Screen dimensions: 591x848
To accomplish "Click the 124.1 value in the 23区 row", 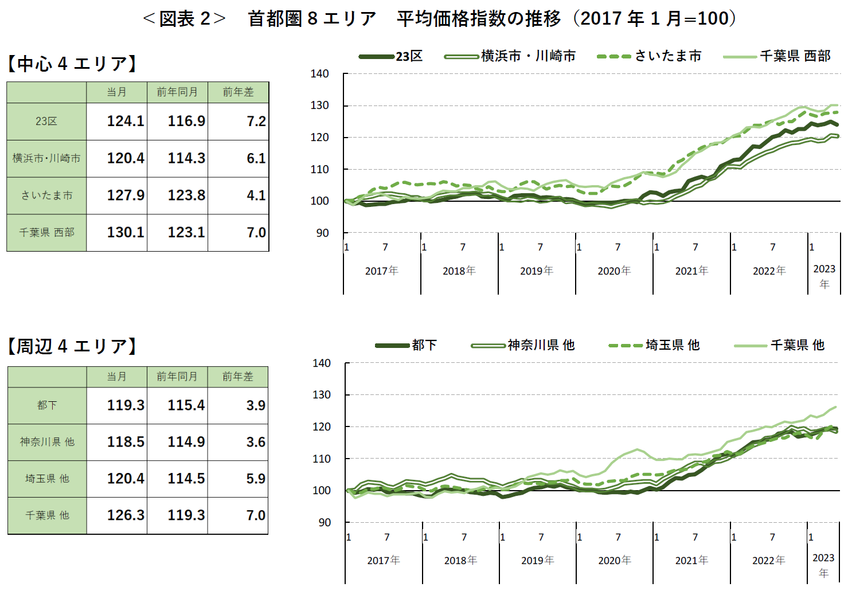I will point(125,122).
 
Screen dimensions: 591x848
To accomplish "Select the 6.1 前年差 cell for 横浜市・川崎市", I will point(256,158).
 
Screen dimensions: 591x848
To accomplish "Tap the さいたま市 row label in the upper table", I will point(46,195).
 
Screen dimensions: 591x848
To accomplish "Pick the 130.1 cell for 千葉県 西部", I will point(125,232).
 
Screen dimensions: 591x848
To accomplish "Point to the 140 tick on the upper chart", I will point(319,74).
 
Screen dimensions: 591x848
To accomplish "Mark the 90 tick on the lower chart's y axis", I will point(324,522).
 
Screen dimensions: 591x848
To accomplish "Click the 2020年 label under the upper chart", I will point(613,271).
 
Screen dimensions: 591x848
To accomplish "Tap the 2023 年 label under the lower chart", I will point(823,565).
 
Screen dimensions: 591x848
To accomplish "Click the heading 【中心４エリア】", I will point(72,64).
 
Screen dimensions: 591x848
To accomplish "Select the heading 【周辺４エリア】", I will point(72,346).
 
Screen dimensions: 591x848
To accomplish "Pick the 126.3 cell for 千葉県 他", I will point(125,515).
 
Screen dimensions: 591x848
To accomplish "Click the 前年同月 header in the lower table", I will point(177,377).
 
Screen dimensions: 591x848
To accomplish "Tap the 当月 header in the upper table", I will point(116,92).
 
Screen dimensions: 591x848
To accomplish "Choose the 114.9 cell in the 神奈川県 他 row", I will point(186,442).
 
